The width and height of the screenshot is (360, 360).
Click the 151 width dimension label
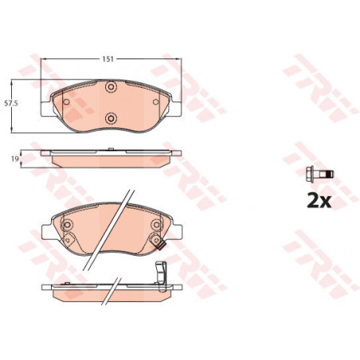point(108,59)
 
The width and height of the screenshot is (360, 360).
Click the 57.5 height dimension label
point(11,103)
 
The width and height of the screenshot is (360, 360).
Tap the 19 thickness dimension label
point(14,158)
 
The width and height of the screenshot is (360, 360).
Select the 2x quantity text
point(319,201)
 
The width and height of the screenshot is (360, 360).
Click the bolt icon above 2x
point(319,174)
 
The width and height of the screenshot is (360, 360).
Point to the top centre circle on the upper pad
point(111,87)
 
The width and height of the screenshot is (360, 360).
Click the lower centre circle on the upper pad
point(111,118)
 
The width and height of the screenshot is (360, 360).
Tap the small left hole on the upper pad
point(66,102)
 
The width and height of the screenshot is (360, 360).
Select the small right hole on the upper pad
point(155,102)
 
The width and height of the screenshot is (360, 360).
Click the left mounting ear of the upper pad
point(46,109)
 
